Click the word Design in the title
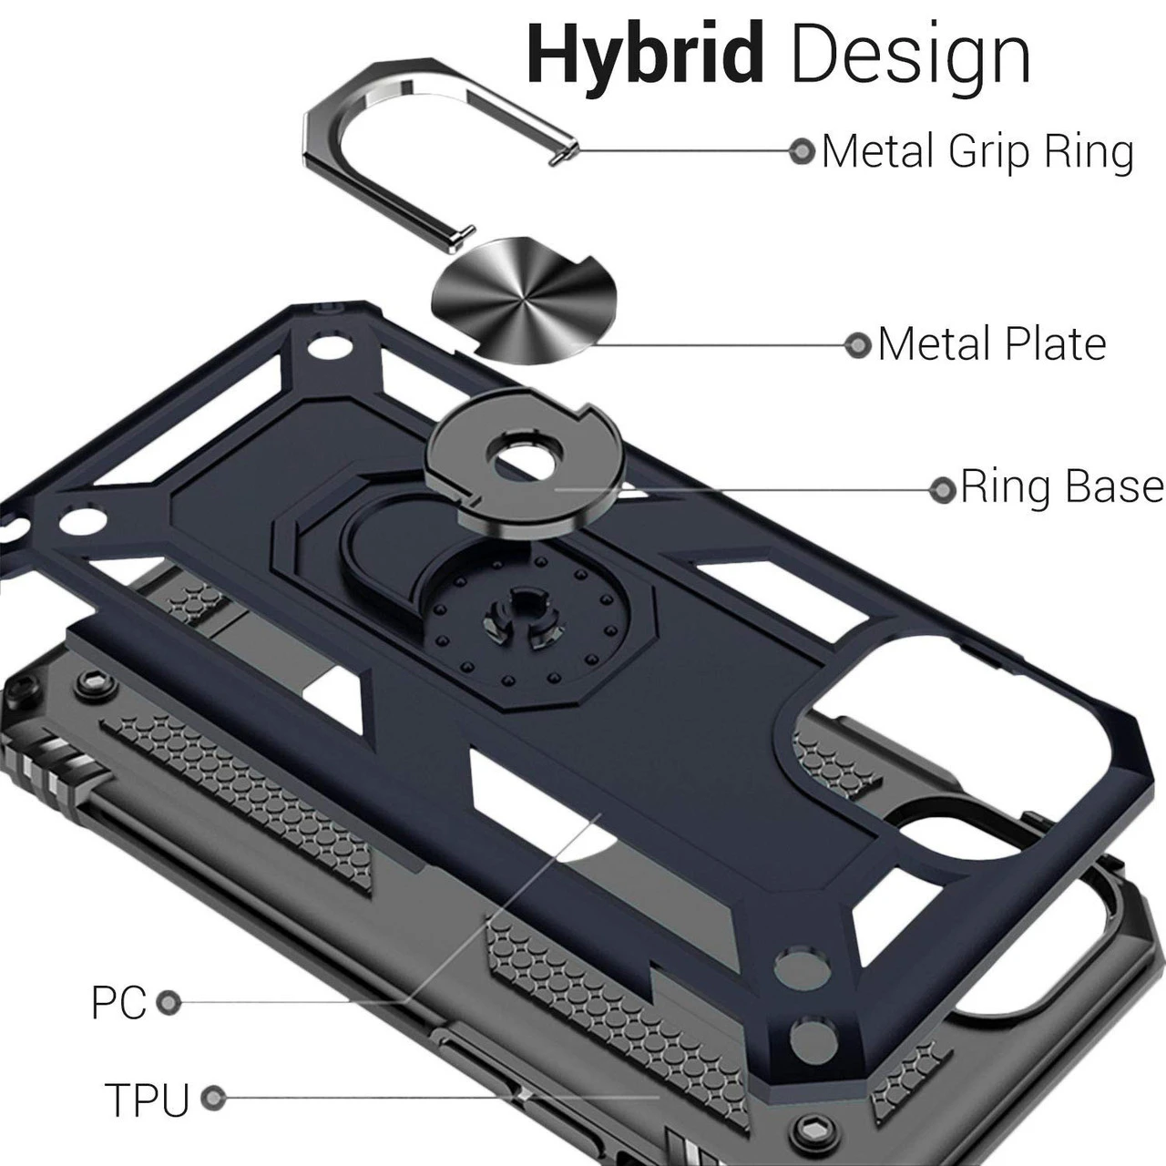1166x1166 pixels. coord(910,56)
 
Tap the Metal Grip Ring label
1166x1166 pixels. coord(977,151)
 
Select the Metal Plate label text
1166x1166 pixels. coord(992,344)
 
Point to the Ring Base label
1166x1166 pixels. coord(1061,487)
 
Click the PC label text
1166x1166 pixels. coord(118,1003)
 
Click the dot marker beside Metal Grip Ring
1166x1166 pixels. coord(802,151)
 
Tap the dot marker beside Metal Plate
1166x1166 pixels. coord(857,345)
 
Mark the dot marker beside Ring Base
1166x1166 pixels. coord(941,489)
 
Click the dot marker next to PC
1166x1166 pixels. coord(168,1003)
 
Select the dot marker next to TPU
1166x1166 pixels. coord(213,1099)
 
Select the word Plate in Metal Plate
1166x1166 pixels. coord(1054,344)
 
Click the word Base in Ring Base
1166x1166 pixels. coord(1113,487)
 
